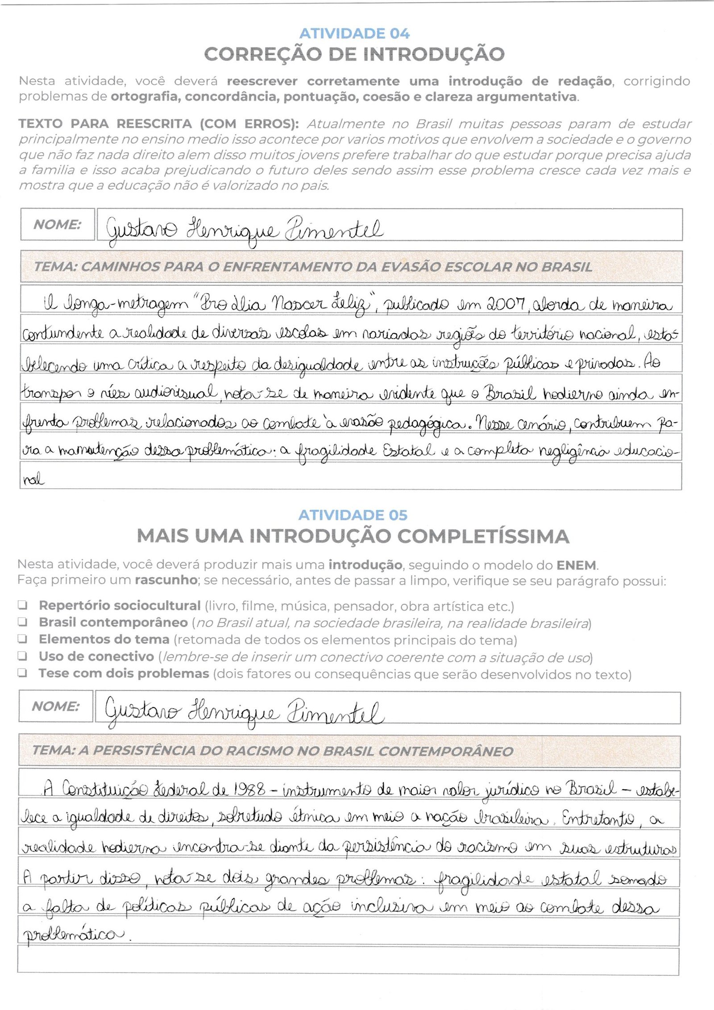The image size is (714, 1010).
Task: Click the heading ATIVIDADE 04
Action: coord(354,33)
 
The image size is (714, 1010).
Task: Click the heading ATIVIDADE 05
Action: coord(353,515)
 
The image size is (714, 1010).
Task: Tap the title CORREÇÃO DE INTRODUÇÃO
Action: coord(354,54)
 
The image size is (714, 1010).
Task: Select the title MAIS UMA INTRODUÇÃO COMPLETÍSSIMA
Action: coord(353,536)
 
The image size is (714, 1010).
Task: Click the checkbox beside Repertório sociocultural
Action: coord(22,605)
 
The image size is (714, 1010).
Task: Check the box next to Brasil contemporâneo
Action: coord(22,622)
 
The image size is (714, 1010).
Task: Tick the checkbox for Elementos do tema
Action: coord(22,639)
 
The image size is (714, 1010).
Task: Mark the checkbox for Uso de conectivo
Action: coord(22,656)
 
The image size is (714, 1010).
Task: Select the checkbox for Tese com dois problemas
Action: coord(22,673)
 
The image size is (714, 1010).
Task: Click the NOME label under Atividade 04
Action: coord(57,224)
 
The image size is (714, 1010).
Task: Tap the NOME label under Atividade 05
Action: coord(55,706)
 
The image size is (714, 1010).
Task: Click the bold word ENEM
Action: coord(576,565)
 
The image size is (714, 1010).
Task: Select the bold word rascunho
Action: coord(166,580)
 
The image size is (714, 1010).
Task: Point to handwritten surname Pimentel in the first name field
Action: coord(334,230)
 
